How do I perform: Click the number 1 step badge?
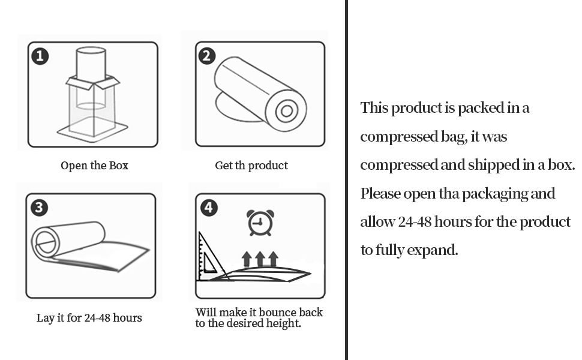[40, 56]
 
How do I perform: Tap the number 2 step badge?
[206, 56]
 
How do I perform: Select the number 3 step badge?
[39, 208]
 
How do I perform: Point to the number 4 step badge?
[209, 208]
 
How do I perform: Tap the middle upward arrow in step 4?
[260, 259]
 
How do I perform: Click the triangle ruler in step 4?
[210, 258]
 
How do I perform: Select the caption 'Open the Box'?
[94, 166]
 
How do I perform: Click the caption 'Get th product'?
[251, 166]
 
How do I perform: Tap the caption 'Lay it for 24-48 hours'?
[89, 318]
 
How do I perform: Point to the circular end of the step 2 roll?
[287, 111]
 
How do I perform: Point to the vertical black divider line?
[346, 180]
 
